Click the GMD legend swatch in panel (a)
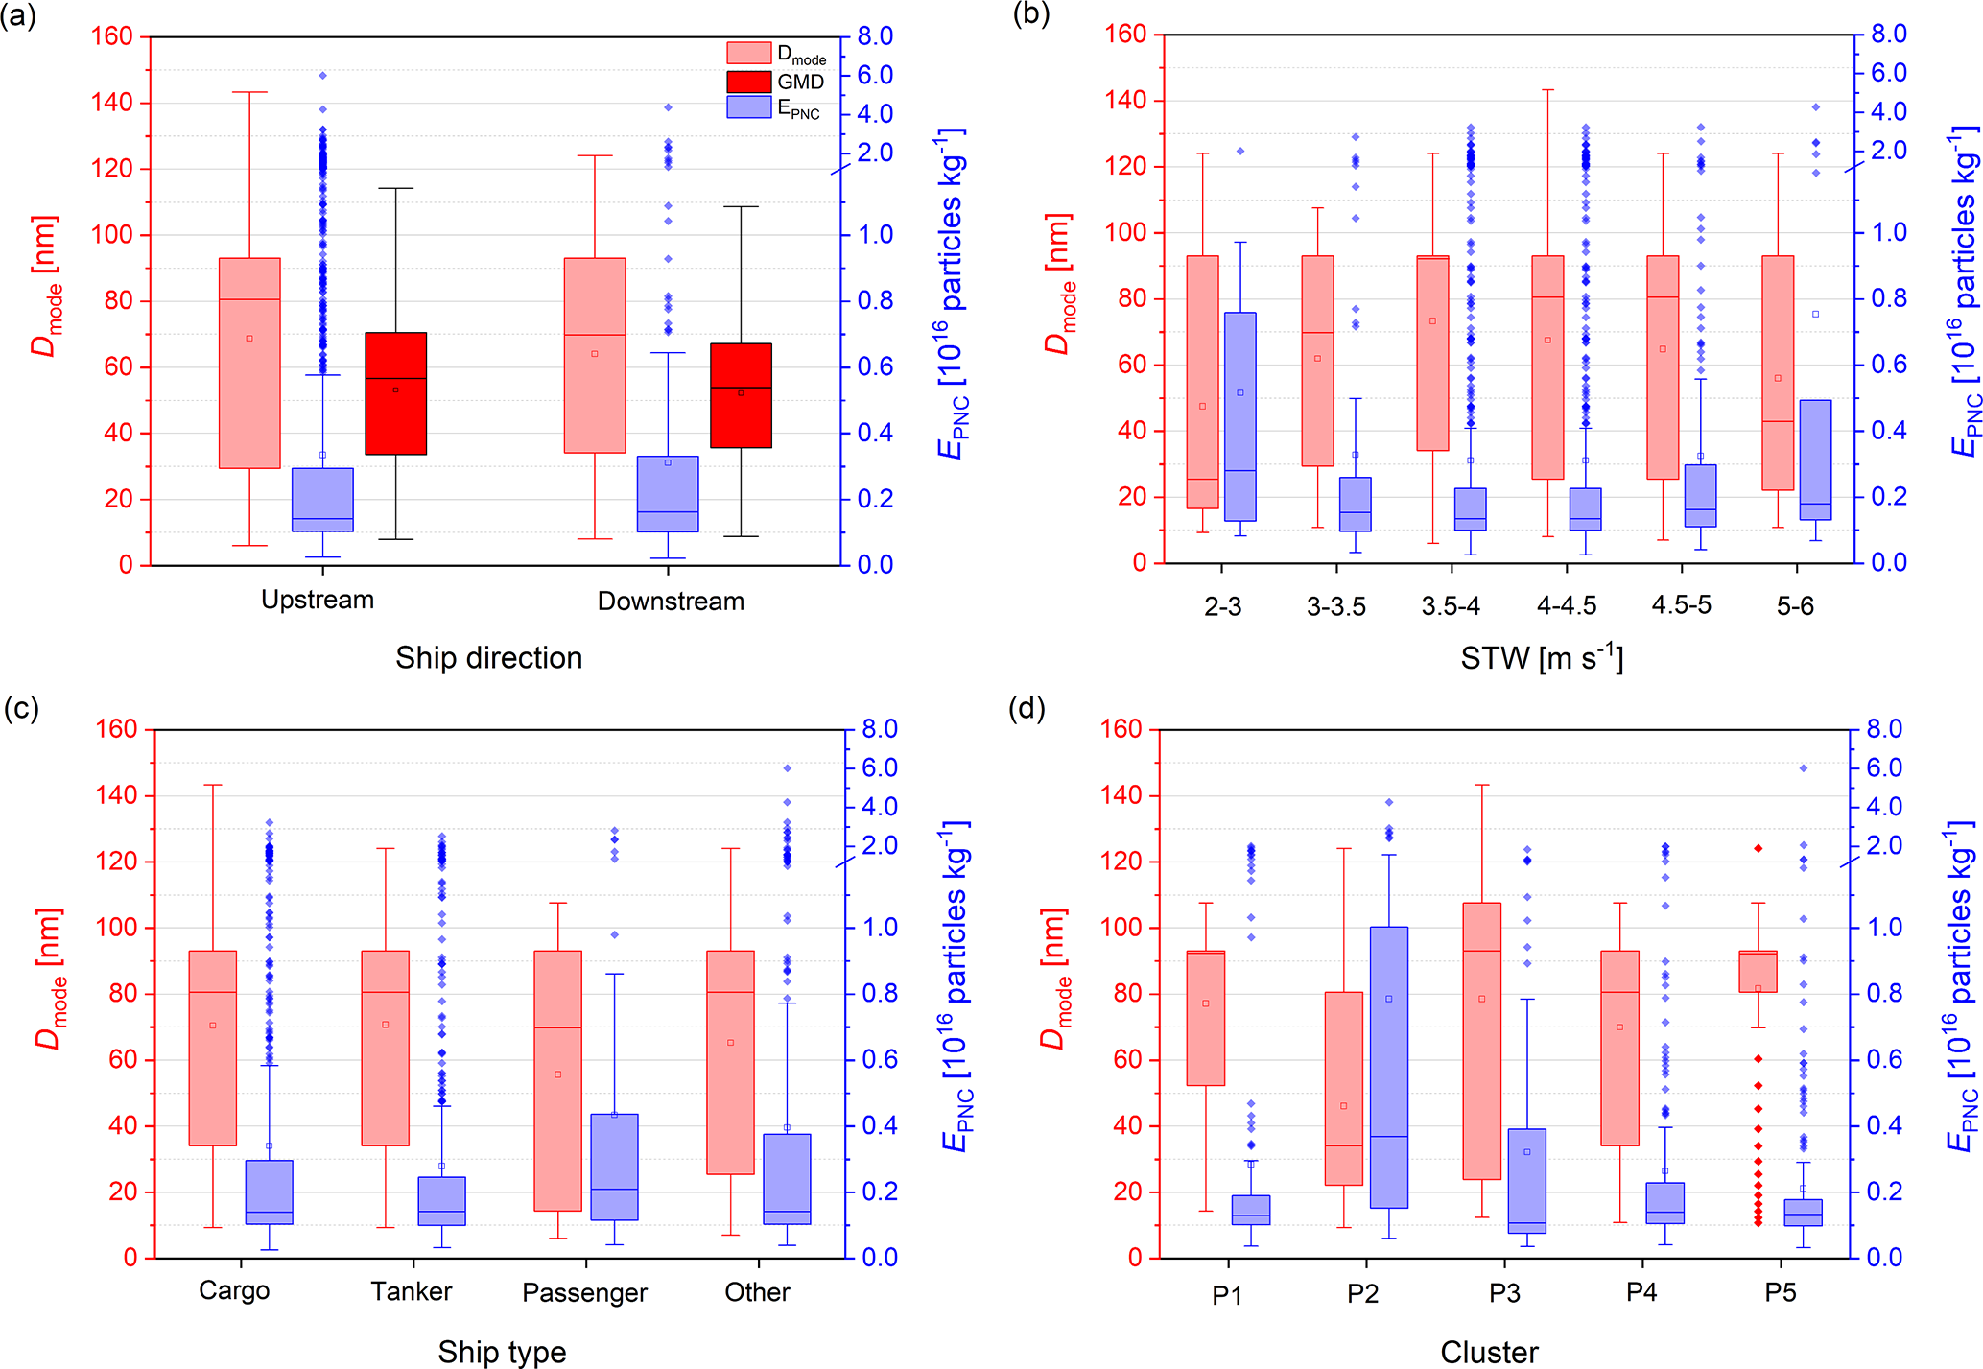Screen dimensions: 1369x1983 748,82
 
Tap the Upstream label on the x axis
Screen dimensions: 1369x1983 318,601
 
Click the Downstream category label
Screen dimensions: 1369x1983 671,602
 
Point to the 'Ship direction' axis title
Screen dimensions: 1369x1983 488,658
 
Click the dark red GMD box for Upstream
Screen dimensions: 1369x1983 395,393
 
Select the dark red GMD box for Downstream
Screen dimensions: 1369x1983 741,395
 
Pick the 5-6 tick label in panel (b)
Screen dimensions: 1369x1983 1795,606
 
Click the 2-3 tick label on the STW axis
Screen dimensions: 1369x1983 1223,606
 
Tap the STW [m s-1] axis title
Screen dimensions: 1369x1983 1542,658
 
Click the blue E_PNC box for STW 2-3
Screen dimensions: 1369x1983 1239,416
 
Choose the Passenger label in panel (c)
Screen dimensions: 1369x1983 584,1293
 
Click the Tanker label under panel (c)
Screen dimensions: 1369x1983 412,1292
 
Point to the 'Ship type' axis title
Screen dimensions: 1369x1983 502,1352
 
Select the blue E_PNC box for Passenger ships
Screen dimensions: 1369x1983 614,1167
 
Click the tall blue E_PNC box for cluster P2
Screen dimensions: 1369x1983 1388,1067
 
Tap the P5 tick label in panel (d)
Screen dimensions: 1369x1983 1780,1293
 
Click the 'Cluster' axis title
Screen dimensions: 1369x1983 1489,1353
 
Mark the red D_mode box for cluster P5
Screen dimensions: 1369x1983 1758,971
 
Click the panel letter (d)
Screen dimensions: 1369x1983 1027,709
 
